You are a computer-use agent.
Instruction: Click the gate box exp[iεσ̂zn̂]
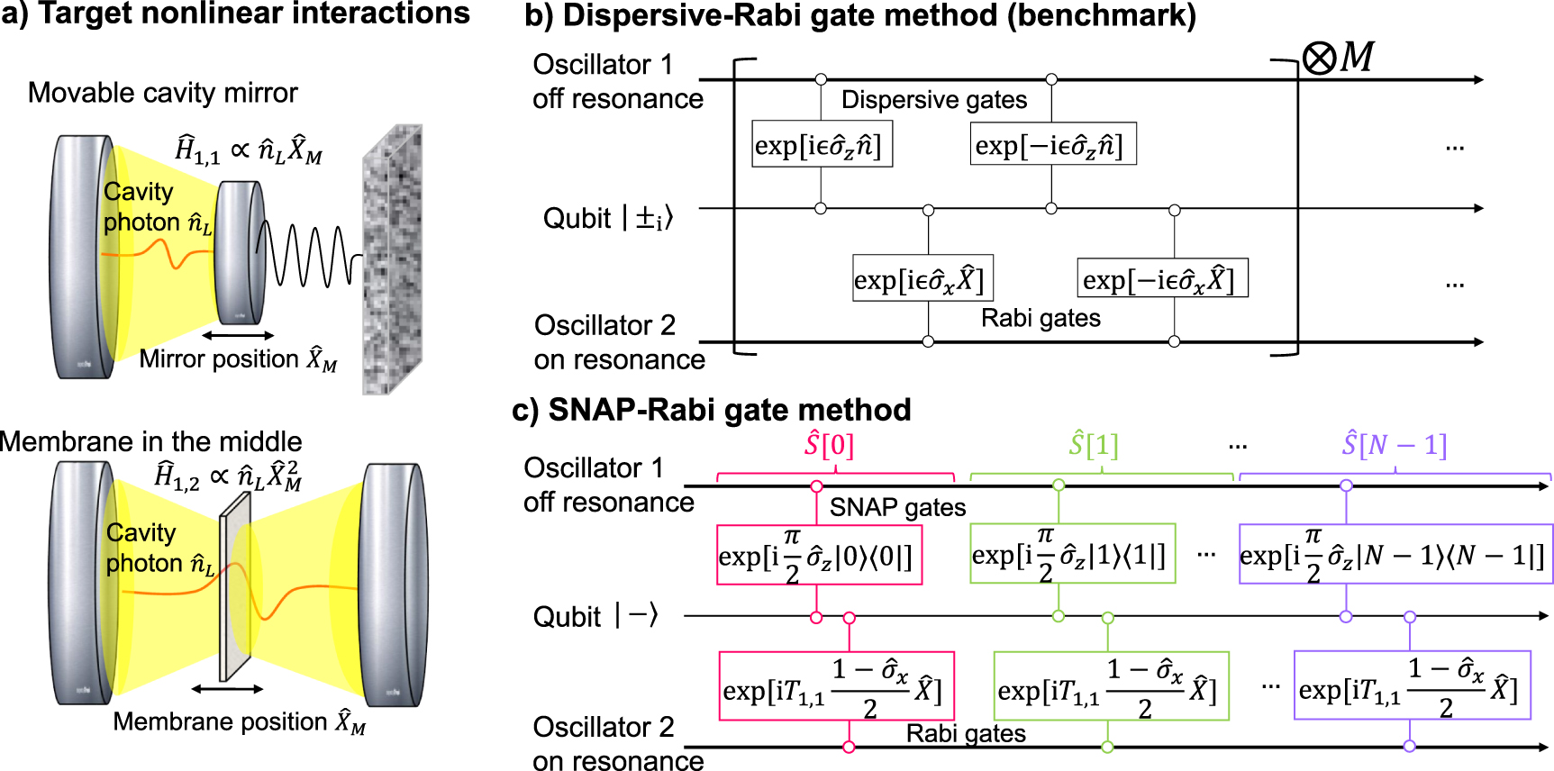(x=822, y=145)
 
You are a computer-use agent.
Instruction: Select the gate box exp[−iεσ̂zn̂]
(x=1052, y=145)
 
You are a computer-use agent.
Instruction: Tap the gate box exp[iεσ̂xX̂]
(x=922, y=278)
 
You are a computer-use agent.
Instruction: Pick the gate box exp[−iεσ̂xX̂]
(x=1162, y=278)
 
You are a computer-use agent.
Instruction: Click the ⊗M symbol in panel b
(x=1338, y=59)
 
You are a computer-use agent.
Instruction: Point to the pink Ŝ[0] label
(x=829, y=445)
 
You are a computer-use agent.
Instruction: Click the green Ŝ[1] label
(x=1093, y=445)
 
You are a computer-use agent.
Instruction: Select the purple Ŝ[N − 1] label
(x=1394, y=445)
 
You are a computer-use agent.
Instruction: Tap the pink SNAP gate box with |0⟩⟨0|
(x=819, y=555)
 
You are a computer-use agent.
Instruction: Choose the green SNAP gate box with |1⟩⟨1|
(x=1072, y=554)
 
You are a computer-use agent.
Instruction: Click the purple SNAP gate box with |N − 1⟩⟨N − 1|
(x=1395, y=554)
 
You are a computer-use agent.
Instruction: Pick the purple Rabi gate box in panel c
(x=1412, y=685)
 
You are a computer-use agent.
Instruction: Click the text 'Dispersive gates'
(x=933, y=100)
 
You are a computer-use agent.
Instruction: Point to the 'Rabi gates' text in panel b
(x=1041, y=318)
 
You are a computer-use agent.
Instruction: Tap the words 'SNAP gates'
(x=897, y=508)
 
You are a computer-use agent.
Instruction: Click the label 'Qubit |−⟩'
(x=595, y=617)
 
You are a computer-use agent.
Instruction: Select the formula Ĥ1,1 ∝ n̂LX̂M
(x=249, y=150)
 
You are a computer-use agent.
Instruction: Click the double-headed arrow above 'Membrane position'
(x=227, y=689)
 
